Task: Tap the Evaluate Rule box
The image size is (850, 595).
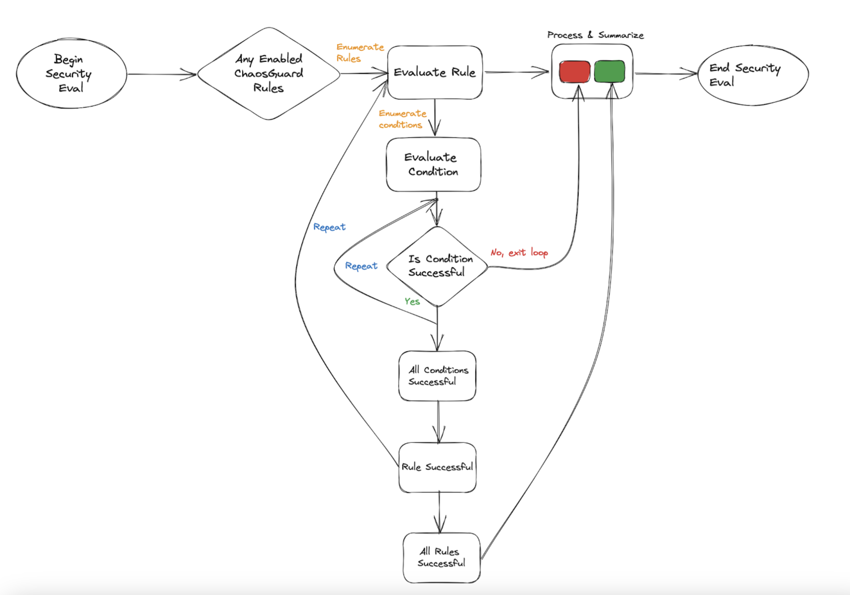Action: [435, 72]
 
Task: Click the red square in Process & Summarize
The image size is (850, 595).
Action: [575, 72]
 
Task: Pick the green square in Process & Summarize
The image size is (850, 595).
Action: [609, 72]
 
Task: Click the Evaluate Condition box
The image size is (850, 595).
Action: [433, 165]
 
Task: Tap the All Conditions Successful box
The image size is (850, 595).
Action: [437, 376]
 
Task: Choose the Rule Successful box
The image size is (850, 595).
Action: [437, 467]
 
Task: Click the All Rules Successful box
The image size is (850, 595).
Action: [441, 557]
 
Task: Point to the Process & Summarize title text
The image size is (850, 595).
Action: [595, 35]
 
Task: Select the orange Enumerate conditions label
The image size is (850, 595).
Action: [402, 119]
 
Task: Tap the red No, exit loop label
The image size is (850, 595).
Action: [519, 253]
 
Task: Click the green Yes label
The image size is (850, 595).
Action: [412, 301]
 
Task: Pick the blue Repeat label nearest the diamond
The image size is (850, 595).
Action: [361, 266]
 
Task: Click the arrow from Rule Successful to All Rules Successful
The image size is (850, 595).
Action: [439, 512]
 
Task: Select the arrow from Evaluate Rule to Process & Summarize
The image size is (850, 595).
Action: [516, 72]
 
